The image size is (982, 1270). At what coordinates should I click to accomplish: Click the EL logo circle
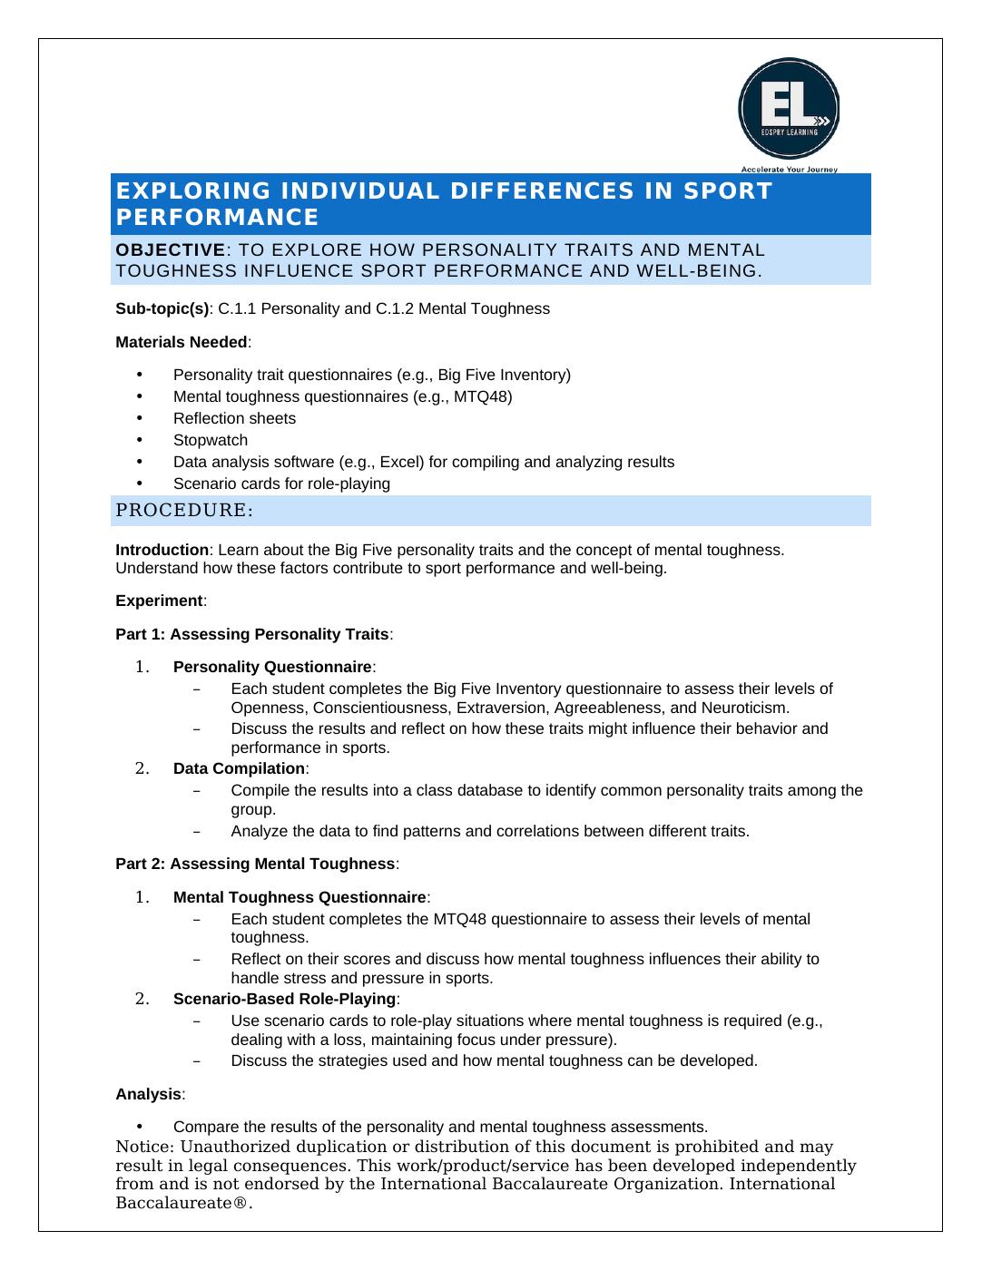click(788, 109)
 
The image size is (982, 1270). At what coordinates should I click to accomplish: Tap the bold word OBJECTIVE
click(170, 249)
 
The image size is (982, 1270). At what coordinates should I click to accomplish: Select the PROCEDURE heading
click(183, 511)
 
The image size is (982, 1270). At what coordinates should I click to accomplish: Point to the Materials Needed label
click(181, 342)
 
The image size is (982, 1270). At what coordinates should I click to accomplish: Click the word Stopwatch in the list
click(211, 440)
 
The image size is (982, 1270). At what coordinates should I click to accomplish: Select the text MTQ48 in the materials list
click(484, 396)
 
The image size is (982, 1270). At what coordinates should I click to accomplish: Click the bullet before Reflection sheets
click(140, 418)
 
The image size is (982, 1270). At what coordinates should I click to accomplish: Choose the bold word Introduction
click(162, 550)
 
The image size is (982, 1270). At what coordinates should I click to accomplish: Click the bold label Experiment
click(159, 601)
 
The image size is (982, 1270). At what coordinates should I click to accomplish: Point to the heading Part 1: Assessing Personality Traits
click(252, 634)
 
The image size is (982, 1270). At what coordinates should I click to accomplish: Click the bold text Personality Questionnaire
click(272, 668)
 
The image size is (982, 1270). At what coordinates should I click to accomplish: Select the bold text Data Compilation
click(239, 769)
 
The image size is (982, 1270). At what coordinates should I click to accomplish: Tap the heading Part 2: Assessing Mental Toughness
click(255, 864)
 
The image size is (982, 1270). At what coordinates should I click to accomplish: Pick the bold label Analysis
click(148, 1094)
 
